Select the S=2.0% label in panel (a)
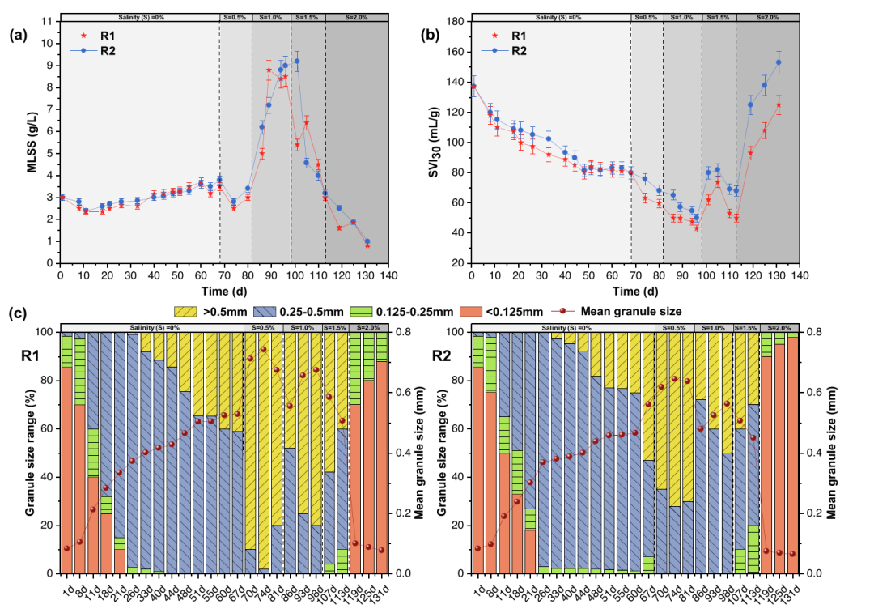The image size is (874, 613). (x=346, y=16)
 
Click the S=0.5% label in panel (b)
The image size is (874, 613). (x=646, y=16)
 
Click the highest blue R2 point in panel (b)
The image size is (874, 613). (x=779, y=62)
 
